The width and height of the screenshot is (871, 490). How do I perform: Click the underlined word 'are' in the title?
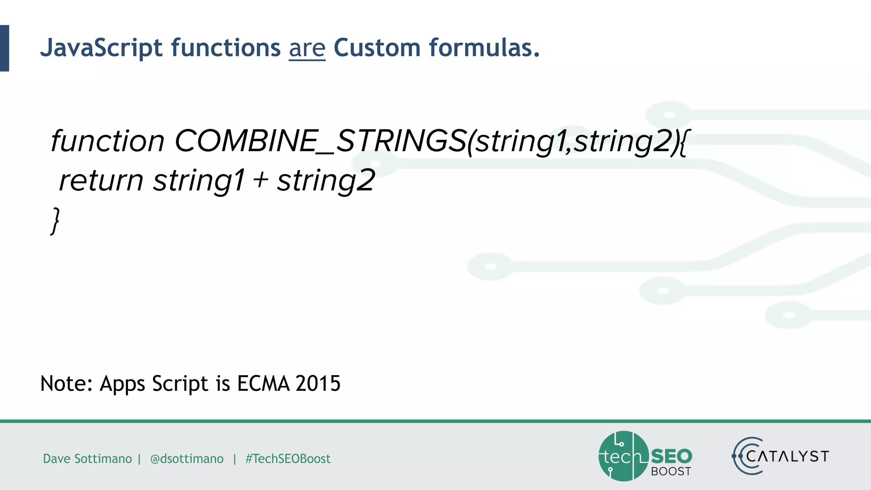coord(307,48)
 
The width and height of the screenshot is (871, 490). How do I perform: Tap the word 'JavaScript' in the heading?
coord(101,48)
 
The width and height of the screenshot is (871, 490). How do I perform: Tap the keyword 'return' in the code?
coord(101,180)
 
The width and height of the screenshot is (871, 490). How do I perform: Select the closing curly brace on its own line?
coord(55,220)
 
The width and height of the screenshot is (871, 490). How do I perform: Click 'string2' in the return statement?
coord(326,180)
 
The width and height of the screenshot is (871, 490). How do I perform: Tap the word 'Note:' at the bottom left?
coord(66,383)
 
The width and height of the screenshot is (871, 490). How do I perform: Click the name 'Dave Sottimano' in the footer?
coord(87,459)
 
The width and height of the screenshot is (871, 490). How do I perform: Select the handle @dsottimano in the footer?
coord(187,459)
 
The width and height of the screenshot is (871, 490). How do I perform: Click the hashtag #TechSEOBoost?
coord(288,459)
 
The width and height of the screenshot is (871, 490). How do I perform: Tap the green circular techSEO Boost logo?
coord(623,456)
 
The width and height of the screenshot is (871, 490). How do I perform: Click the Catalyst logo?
coord(780,456)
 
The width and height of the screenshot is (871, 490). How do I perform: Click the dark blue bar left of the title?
coord(4,48)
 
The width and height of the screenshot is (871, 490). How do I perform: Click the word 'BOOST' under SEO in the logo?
coord(671,471)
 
